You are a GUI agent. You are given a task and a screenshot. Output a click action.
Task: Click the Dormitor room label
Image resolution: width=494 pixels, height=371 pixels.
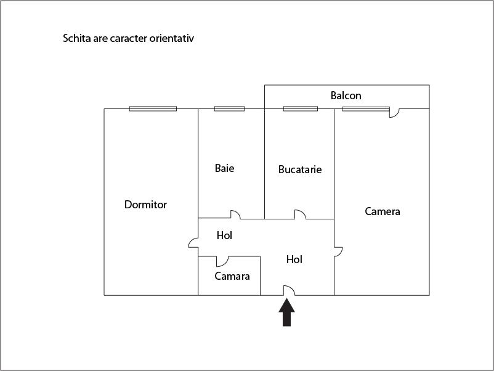pyautogui.click(x=145, y=205)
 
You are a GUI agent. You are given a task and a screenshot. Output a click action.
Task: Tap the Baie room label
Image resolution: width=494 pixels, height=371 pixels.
pyautogui.click(x=224, y=168)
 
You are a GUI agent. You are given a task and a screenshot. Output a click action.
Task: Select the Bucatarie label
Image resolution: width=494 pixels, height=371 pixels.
pyautogui.click(x=299, y=169)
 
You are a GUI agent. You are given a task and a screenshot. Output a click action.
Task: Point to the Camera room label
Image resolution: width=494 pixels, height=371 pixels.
pyautogui.click(x=382, y=211)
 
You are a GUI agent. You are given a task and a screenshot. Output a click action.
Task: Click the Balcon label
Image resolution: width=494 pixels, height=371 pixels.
pyautogui.click(x=346, y=96)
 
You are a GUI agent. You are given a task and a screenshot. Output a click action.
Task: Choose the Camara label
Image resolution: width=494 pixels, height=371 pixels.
pyautogui.click(x=232, y=276)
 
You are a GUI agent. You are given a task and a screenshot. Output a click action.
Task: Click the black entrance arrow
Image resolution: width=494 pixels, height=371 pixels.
pyautogui.click(x=287, y=312)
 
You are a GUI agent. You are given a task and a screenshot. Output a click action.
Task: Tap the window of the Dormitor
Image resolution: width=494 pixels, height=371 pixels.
pyautogui.click(x=153, y=109)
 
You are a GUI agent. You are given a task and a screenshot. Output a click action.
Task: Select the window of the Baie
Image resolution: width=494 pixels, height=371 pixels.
pyautogui.click(x=229, y=109)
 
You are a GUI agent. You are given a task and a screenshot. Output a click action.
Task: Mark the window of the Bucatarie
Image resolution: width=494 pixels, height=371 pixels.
pyautogui.click(x=300, y=109)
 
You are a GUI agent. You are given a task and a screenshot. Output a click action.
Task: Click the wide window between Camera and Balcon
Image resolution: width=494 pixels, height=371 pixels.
pyautogui.click(x=366, y=109)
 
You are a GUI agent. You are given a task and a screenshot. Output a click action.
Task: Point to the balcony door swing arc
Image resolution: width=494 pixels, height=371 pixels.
pyautogui.click(x=395, y=113)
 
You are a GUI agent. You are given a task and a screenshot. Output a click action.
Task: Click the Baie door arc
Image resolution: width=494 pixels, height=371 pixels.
pyautogui.click(x=235, y=214)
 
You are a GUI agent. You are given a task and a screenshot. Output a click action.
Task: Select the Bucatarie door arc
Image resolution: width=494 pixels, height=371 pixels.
pyautogui.click(x=300, y=214)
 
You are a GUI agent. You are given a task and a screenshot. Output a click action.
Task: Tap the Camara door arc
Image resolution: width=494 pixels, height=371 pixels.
pyautogui.click(x=222, y=261)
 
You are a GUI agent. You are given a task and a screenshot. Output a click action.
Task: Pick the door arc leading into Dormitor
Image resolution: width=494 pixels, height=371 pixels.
pyautogui.click(x=193, y=244)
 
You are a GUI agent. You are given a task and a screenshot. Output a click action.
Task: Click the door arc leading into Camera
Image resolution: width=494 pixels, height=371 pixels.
pyautogui.click(x=338, y=251)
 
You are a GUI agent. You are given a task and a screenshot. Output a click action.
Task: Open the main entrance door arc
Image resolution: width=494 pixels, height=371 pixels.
pyautogui.click(x=289, y=290)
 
